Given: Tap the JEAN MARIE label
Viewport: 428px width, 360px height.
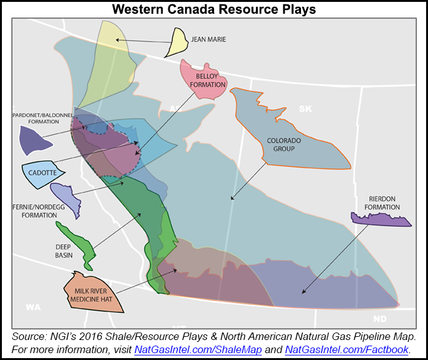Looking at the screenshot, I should coord(208,39).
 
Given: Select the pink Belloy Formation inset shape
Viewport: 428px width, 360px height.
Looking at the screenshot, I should coord(201,80).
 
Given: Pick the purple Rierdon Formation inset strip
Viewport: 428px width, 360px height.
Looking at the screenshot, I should coord(380,219).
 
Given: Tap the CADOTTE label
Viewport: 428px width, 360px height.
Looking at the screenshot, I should coord(43,172).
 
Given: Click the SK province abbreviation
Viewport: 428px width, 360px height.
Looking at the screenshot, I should coord(305,109).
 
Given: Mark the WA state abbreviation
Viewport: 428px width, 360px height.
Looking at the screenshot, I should coord(32,307).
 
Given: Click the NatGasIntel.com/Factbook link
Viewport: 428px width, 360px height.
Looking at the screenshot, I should coord(347,349).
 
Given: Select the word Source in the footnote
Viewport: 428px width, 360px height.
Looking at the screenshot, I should coord(28,336).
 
